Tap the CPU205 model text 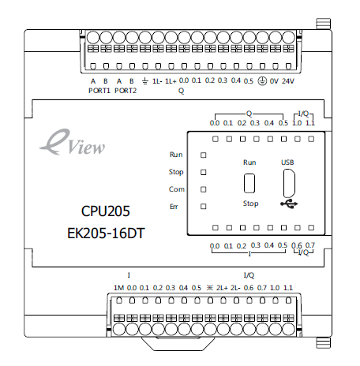point(106,211)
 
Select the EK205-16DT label point(106,233)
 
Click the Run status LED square point(204,155)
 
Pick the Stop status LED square point(204,172)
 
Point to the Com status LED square point(204,189)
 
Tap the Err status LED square point(204,207)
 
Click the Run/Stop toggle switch point(249,183)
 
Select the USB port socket point(289,183)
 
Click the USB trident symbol point(289,204)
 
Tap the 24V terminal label point(288,81)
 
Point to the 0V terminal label point(274,81)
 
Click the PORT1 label point(99,91)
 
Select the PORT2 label point(126,91)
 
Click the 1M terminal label point(118,288)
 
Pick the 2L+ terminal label point(222,288)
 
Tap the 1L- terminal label point(157,81)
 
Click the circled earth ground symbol point(262,81)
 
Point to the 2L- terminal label point(235,288)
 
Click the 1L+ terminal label point(171,81)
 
